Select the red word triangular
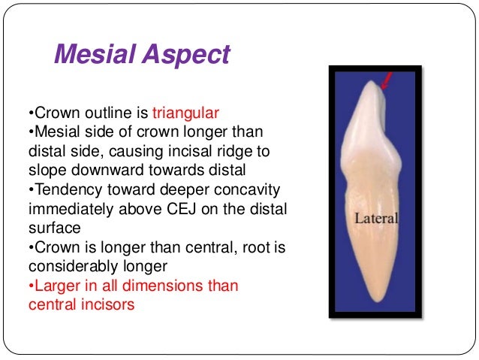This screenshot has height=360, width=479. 185,114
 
